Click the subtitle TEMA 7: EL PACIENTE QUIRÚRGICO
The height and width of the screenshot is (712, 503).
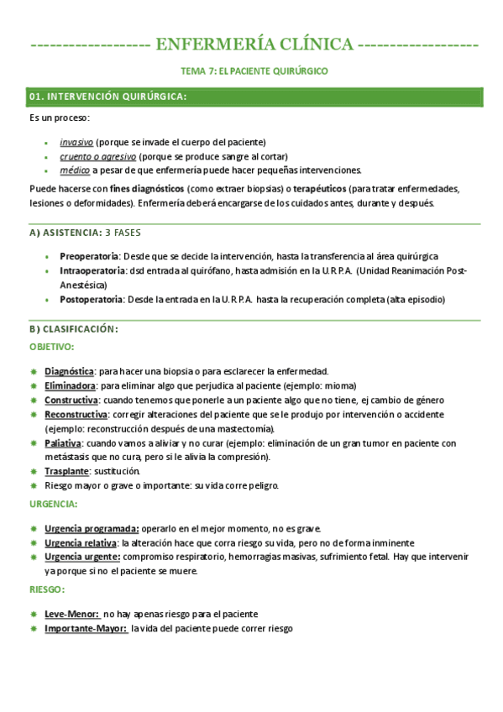click(x=254, y=71)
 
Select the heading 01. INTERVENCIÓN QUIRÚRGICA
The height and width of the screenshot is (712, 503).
click(x=107, y=97)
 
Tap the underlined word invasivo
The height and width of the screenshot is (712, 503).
click(x=76, y=142)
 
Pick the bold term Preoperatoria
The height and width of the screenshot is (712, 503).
click(x=90, y=256)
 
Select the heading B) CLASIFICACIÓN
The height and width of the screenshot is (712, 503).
click(x=73, y=329)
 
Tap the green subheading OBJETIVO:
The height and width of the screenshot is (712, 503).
click(x=51, y=346)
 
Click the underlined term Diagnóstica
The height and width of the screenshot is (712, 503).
click(x=69, y=371)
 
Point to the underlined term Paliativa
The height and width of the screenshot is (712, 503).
click(x=63, y=442)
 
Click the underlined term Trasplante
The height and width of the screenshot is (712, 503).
click(x=66, y=471)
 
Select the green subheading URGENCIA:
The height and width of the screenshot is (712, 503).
click(x=54, y=504)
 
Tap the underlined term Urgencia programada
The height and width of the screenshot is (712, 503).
click(x=92, y=529)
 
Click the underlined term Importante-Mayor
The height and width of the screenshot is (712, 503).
click(x=86, y=628)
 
